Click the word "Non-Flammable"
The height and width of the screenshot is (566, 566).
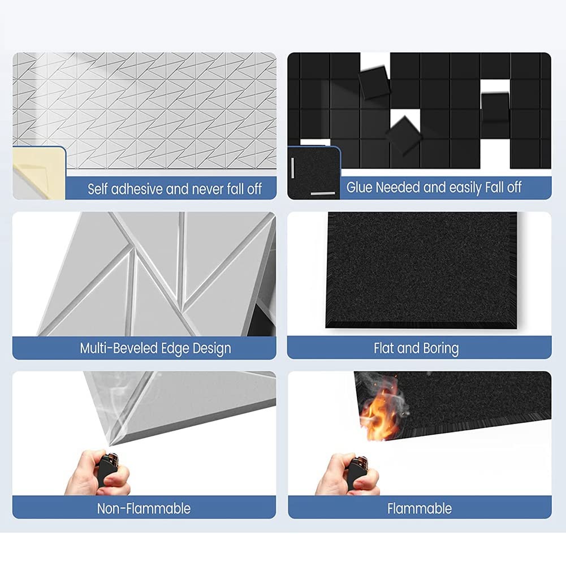tap(144, 508)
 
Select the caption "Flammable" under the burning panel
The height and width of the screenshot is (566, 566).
tap(420, 508)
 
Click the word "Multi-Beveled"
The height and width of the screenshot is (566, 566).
tap(118, 348)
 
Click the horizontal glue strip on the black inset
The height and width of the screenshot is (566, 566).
tap(323, 193)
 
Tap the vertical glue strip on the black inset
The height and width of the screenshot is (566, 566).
tap(294, 167)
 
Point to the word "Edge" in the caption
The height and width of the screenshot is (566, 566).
tap(173, 348)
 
